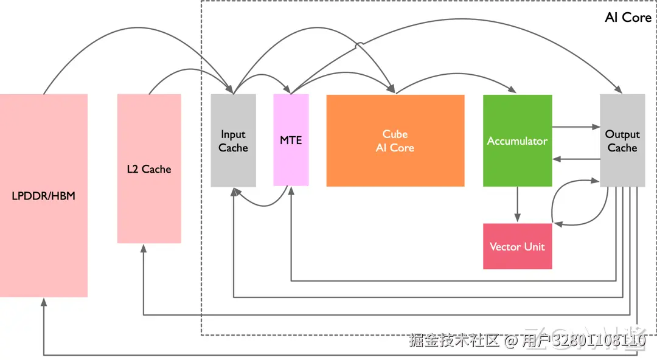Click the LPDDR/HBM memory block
point(44,195)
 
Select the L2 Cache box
point(149,168)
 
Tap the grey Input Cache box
point(234,140)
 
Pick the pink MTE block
point(291,140)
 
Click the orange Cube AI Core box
point(395,140)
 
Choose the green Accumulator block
point(518,140)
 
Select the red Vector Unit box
point(518,246)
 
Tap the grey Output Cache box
point(622,140)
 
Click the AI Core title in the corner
point(628,17)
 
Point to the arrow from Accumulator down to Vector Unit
point(518,204)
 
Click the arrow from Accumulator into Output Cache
point(576,126)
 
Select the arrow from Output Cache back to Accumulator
point(576,159)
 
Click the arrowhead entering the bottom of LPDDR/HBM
point(44,302)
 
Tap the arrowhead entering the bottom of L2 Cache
point(144,248)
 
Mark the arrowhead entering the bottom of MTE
point(291,191)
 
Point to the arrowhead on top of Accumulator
point(512,89)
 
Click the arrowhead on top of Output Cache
point(619,89)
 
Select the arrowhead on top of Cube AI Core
point(391,88)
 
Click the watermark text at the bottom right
point(527,341)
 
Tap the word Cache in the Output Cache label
point(622,148)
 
